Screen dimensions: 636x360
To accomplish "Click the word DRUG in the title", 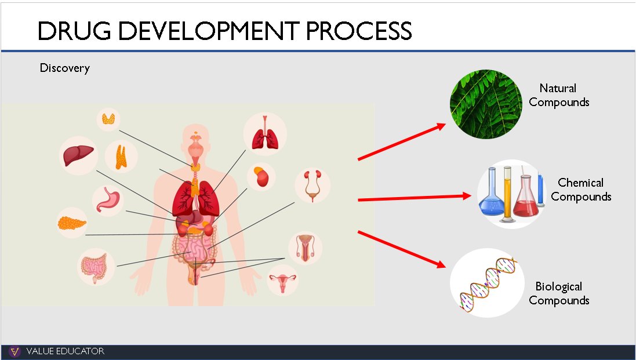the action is point(74,31).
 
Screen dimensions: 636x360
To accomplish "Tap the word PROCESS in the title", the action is point(358,31).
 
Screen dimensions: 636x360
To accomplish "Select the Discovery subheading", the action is point(64,68).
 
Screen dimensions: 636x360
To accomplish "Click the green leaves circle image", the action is point(486,104).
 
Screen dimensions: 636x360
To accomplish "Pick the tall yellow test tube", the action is point(507,194).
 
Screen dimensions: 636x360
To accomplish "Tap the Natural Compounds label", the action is point(558,95).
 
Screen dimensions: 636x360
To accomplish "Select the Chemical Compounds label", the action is point(581,190).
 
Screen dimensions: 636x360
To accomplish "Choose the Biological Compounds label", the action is point(558,293).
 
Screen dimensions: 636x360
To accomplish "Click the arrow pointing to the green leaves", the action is point(402,142).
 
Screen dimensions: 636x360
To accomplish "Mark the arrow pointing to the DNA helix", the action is point(402,249).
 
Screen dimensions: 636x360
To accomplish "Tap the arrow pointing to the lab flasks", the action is point(414,198).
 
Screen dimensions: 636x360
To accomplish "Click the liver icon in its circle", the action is point(78,156).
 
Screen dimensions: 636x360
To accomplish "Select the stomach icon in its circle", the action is point(107,199).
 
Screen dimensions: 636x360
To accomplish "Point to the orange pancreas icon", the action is point(72,223).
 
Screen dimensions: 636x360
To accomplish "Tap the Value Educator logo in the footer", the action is point(14,351).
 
